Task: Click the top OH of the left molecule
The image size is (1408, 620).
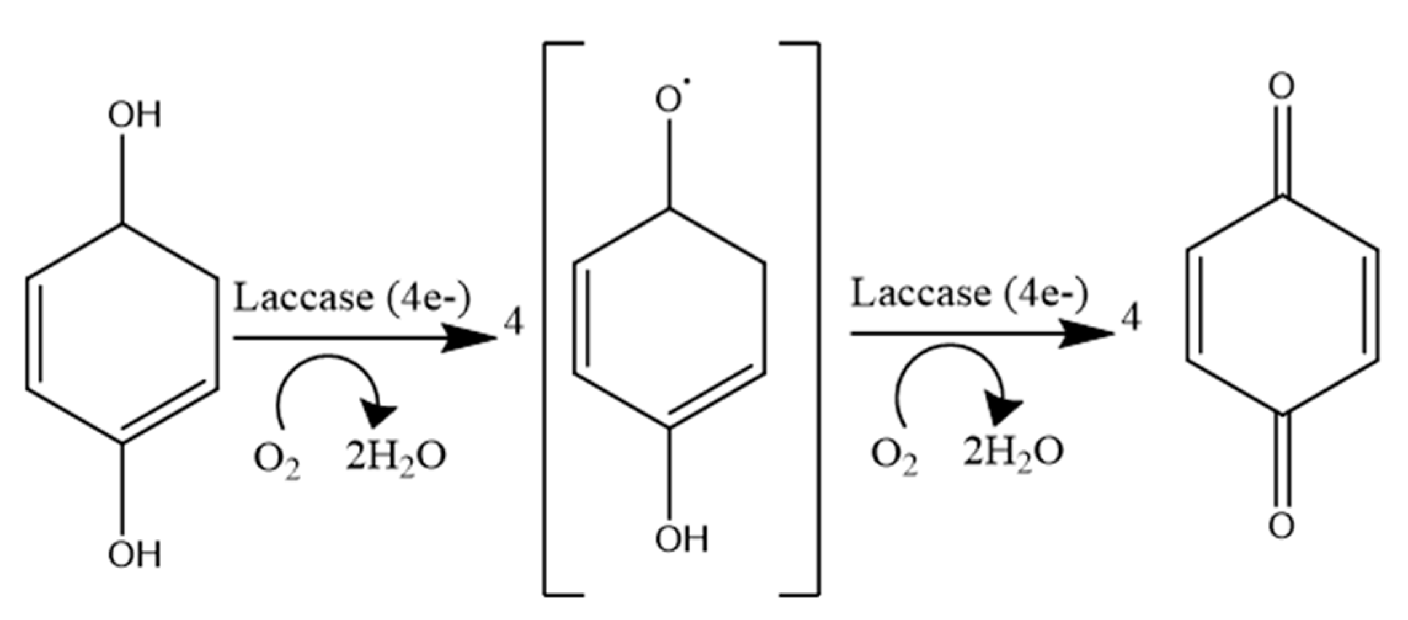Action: click(x=134, y=115)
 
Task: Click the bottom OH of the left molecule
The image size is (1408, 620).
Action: click(x=134, y=554)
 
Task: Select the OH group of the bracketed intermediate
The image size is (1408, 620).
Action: click(x=681, y=539)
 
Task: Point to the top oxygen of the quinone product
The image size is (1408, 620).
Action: click(x=1281, y=87)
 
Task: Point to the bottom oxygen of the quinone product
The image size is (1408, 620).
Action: click(x=1281, y=526)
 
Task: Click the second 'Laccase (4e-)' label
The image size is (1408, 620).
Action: click(x=969, y=293)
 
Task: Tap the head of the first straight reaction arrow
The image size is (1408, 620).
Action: click(x=474, y=338)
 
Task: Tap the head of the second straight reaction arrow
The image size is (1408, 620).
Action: click(x=1091, y=334)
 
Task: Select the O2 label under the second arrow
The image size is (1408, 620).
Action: click(x=894, y=457)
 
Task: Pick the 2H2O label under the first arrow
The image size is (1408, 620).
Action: click(x=395, y=457)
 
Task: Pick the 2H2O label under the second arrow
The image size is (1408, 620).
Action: click(x=1012, y=453)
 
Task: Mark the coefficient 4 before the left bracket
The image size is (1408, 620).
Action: click(x=514, y=323)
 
